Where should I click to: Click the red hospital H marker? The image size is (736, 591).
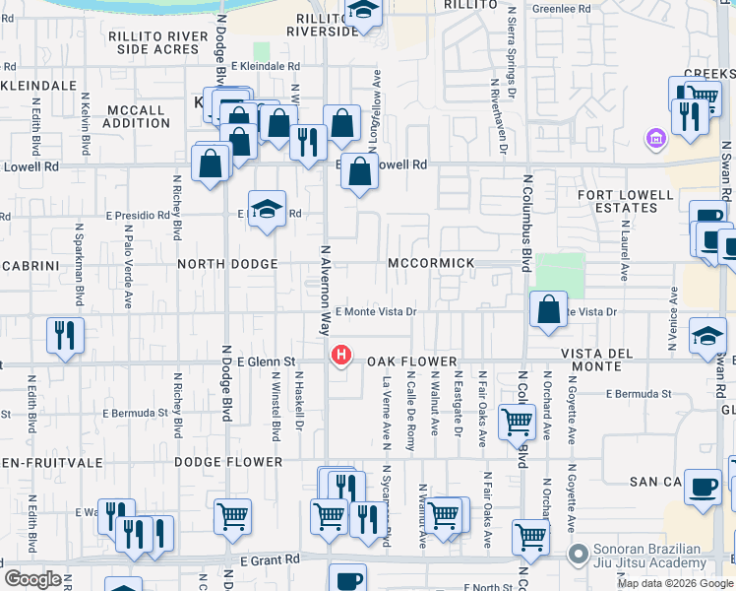341,354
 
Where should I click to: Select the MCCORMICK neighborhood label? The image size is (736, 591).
431,263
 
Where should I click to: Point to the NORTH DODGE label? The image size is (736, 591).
227,264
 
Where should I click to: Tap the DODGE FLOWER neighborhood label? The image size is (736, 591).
228,461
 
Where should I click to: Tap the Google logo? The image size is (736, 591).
31,578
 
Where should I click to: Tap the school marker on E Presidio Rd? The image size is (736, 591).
267,209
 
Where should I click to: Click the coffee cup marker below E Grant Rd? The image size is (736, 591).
346,579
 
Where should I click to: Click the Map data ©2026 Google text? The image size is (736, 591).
675,583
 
